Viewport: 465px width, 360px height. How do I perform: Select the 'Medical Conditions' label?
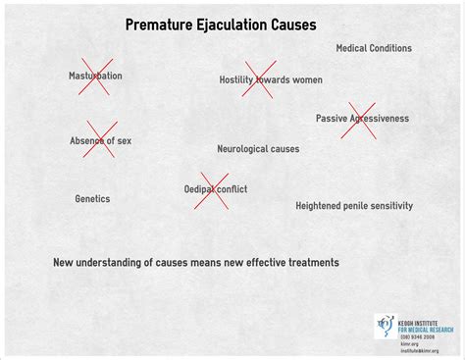pos(374,48)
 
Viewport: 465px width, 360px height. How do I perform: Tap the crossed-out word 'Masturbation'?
pos(95,77)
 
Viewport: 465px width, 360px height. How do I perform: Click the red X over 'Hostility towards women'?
pos(260,78)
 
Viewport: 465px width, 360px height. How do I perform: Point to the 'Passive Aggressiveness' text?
pos(362,118)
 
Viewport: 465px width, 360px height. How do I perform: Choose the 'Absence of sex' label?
pos(100,140)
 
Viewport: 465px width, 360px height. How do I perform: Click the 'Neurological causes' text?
pos(258,149)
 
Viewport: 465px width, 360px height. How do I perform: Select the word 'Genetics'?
pos(92,199)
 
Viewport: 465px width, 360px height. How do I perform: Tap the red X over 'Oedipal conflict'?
pos(212,189)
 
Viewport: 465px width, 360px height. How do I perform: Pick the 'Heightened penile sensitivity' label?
pos(354,206)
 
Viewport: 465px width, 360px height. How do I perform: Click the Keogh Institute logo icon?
pos(385,325)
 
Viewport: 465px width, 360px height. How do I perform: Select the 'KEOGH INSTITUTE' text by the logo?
pos(420,319)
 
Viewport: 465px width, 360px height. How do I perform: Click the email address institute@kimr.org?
pos(420,350)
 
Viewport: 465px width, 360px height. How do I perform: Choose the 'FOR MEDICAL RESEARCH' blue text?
pos(420,328)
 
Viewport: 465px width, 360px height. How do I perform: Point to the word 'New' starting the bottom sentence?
pos(63,262)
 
